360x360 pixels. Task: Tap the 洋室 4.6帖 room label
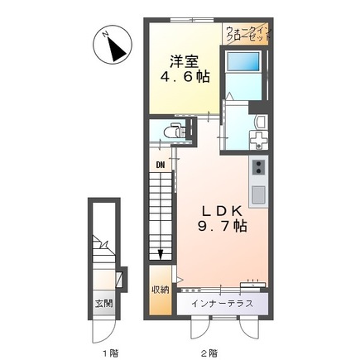pos(185,70)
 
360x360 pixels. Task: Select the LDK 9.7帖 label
pos(222,218)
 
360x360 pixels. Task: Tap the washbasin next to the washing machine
pos(261,121)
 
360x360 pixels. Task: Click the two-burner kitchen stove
pos(258,167)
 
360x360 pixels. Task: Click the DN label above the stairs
pos(161,166)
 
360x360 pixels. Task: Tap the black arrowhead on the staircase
pos(161,254)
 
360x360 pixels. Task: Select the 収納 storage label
pos(161,290)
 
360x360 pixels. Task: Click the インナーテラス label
pos(222,304)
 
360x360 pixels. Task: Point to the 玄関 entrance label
pos(103,304)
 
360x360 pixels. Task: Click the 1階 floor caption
pos(110,353)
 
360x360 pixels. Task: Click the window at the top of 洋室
pos(192,20)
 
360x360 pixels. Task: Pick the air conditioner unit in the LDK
pos(252,284)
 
